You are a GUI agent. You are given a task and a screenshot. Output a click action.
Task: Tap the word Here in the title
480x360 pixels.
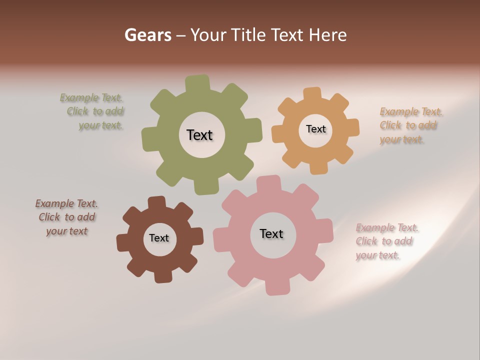coord(327,35)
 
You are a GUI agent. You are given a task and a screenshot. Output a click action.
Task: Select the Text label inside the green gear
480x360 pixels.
coord(199,135)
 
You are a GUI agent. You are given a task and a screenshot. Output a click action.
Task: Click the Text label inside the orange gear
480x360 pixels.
coord(315,129)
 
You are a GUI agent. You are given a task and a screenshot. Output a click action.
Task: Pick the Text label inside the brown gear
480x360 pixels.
coord(159,238)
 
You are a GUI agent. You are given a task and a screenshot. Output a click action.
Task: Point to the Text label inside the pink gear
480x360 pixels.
coord(271,233)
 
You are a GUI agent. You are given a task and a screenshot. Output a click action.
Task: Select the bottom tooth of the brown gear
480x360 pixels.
coord(163,276)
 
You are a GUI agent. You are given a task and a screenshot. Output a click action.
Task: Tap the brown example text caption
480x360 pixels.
coord(66,217)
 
